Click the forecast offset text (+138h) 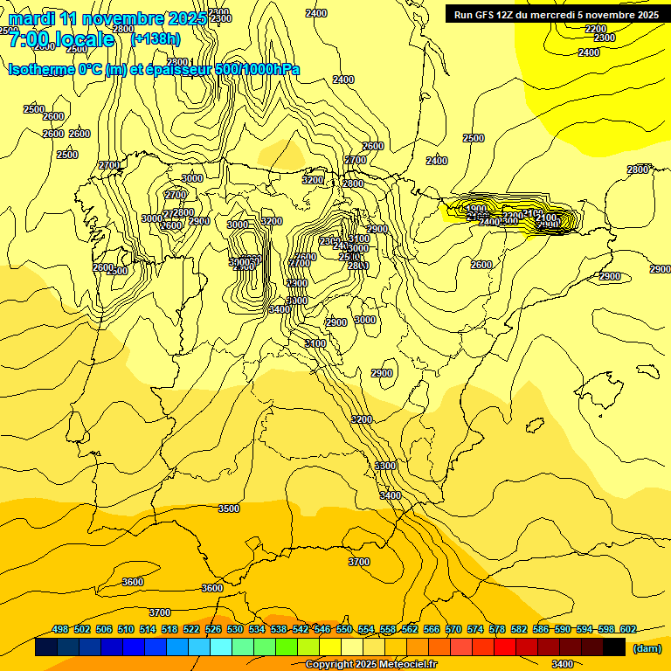click(156, 38)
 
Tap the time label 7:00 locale click(61, 39)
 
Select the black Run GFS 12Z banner click(557, 14)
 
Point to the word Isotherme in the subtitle click(41, 69)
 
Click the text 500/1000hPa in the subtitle click(257, 69)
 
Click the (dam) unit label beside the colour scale click(647, 648)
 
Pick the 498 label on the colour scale click(60, 630)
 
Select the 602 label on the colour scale click(628, 630)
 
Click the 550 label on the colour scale click(344, 630)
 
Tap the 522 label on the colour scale click(191, 630)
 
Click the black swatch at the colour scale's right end click(614, 647)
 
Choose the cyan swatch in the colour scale click(221, 647)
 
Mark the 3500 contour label click(229, 508)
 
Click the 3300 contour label click(385, 466)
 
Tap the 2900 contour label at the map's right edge click(661, 269)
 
